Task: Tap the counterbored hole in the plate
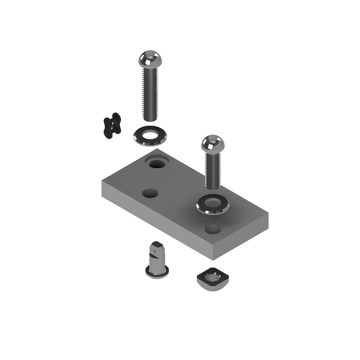(157, 164)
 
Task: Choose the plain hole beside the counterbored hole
(150, 193)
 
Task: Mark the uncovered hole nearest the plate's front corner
(213, 229)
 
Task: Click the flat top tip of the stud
(157, 244)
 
